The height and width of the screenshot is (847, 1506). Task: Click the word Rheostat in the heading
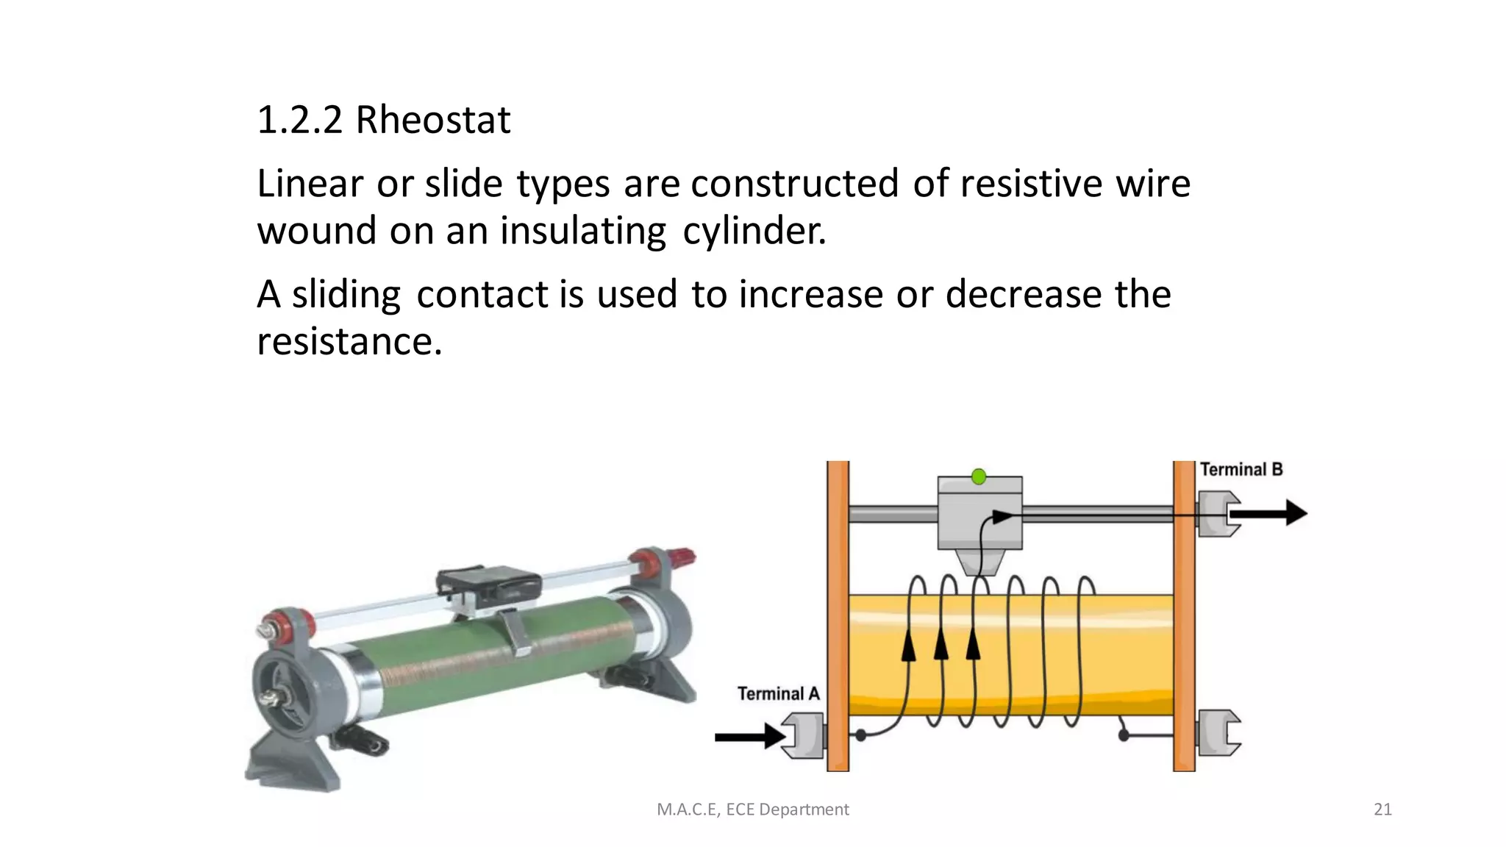[x=432, y=120]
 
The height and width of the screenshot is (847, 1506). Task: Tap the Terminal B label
[x=1241, y=469]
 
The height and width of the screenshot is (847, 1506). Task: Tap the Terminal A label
[x=777, y=693]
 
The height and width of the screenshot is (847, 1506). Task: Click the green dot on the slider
[x=979, y=477]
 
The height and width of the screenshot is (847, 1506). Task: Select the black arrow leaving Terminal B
[x=1270, y=512]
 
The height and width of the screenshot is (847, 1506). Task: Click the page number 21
[x=1382, y=810]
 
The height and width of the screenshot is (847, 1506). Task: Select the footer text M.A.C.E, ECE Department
[x=752, y=810]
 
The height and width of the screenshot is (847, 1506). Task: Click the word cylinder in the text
[x=754, y=231]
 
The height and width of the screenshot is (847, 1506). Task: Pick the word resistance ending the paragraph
[x=349, y=341]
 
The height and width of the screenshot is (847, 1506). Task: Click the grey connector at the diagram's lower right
[x=1218, y=733]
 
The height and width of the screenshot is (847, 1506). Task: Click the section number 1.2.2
[x=299, y=120]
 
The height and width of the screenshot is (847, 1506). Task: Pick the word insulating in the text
[x=582, y=231]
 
